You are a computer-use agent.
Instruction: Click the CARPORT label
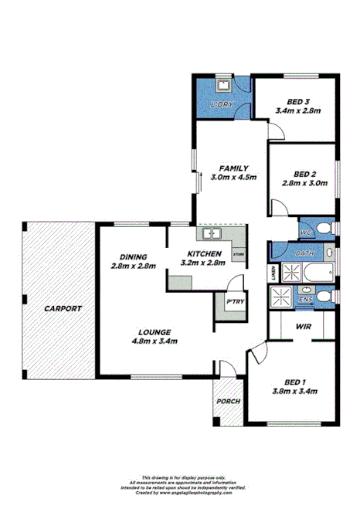tap(63, 308)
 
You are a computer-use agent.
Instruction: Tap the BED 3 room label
tap(297, 101)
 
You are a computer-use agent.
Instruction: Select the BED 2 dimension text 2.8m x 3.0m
tap(304, 183)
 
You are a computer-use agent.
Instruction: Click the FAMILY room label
tap(233, 168)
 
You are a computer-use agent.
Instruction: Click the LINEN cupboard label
tap(274, 273)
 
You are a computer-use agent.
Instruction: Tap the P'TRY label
tap(232, 302)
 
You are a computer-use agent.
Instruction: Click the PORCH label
tap(227, 402)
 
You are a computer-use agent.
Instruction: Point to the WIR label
tap(302, 327)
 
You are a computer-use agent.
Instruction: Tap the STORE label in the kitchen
tap(239, 253)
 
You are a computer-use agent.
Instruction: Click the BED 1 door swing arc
tap(258, 354)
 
